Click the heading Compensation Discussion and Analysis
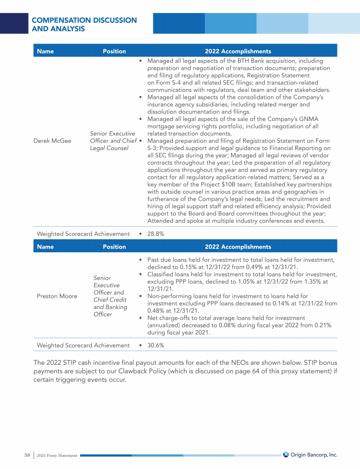[84, 24]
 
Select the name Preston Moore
[57, 296]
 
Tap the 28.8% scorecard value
[155, 234]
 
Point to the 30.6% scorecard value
[155, 345]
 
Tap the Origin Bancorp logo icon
[286, 454]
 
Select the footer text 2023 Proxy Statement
[57, 455]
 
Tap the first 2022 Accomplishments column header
[238, 51]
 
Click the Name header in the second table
[45, 246]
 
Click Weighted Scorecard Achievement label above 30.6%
[83, 345]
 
